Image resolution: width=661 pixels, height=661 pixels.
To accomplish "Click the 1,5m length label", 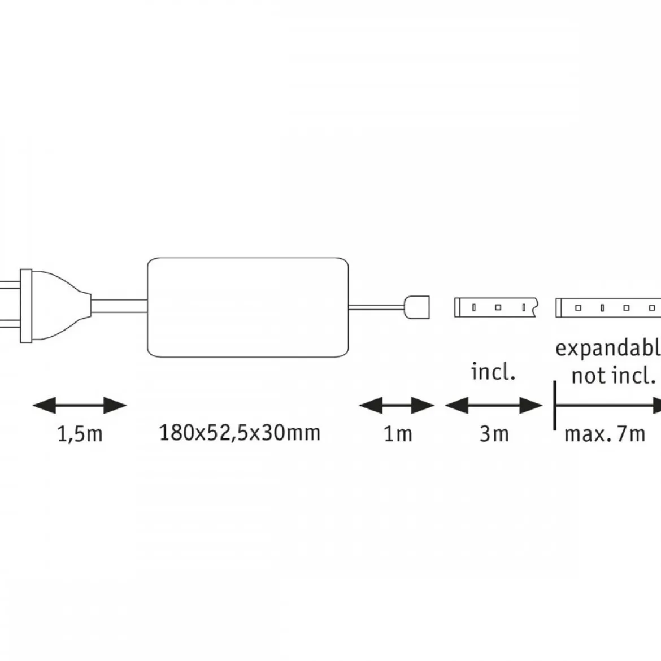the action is click(x=80, y=434).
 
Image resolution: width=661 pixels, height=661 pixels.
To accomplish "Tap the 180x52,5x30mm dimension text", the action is click(x=240, y=433).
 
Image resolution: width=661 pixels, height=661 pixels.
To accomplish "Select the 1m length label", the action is click(x=398, y=434).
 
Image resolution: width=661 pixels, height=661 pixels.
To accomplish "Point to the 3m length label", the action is click(x=494, y=434).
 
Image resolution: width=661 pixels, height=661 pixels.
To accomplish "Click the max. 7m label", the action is click(x=605, y=434).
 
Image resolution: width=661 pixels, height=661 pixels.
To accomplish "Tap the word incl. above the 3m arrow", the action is click(x=493, y=372).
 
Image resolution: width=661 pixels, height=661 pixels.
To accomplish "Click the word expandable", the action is click(x=608, y=349).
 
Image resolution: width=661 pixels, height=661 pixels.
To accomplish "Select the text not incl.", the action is click(x=614, y=375).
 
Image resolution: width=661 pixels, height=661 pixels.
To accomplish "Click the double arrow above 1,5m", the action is click(x=80, y=406).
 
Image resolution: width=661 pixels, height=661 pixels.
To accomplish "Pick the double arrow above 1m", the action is click(x=397, y=406).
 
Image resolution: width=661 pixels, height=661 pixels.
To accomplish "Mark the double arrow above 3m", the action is click(x=494, y=406).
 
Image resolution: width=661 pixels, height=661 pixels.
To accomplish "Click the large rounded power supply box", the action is click(x=248, y=258).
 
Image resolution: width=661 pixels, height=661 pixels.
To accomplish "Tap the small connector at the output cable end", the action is click(x=416, y=307).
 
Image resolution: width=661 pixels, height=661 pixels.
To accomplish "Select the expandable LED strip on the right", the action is click(x=608, y=308).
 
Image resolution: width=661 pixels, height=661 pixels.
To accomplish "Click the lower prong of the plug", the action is click(x=10, y=325).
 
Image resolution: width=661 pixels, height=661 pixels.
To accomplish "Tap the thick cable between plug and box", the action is click(x=119, y=306).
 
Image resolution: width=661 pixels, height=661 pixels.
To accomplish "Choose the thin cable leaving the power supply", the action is click(x=376, y=307).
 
